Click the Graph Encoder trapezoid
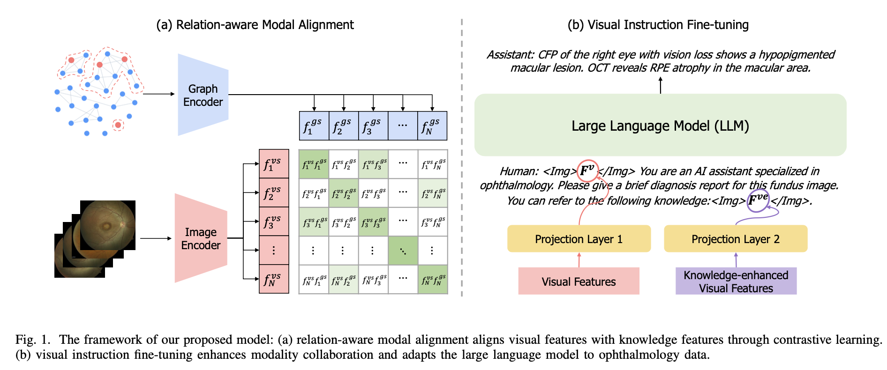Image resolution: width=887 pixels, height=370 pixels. [x=203, y=95]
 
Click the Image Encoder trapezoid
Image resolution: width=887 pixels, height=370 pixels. [x=201, y=238]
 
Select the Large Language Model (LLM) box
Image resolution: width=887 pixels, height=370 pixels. [x=660, y=125]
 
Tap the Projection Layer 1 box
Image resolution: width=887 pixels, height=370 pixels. [x=579, y=239]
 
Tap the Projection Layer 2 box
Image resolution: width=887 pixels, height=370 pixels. [x=736, y=239]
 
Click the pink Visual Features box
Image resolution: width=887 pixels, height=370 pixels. [x=579, y=281]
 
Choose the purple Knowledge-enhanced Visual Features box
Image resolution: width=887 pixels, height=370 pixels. [x=736, y=281]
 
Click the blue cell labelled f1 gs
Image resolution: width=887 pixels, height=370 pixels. [x=314, y=126]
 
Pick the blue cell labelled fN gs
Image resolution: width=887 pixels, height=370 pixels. [x=432, y=126]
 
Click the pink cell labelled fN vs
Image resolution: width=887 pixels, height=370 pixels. [x=274, y=280]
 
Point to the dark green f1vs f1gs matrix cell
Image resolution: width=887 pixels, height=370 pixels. [x=314, y=164]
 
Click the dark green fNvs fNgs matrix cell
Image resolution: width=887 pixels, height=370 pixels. [x=433, y=280]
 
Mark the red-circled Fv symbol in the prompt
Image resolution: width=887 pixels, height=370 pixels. [x=587, y=170]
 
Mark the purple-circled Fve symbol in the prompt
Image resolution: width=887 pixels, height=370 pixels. [x=758, y=200]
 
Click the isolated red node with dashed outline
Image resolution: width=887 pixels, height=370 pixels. [x=118, y=125]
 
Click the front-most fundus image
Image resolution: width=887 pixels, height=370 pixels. [x=108, y=225]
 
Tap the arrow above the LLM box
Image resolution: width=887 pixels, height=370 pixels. [x=661, y=85]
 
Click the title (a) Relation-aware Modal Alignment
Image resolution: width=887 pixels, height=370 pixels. [x=255, y=25]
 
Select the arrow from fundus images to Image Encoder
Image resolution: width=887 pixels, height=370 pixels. [x=156, y=238]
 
